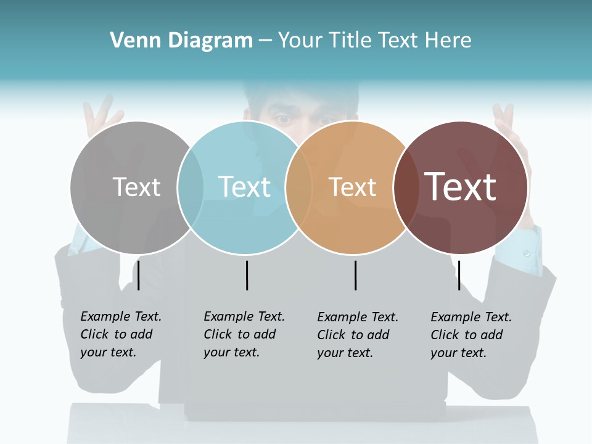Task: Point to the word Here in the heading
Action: click(448, 41)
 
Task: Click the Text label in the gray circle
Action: click(136, 187)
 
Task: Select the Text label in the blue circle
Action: click(244, 187)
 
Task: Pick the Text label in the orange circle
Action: click(352, 187)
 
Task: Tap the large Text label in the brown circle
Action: click(461, 187)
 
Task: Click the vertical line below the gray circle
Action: click(139, 275)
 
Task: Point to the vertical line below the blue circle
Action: click(247, 275)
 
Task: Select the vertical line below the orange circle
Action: click(355, 275)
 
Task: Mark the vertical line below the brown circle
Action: click(459, 275)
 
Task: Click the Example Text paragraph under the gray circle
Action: click(120, 334)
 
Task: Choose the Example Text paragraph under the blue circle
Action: click(244, 334)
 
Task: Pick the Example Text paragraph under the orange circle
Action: click(357, 335)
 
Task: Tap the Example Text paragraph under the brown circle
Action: click(471, 335)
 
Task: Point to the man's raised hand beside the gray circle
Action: click(102, 117)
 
